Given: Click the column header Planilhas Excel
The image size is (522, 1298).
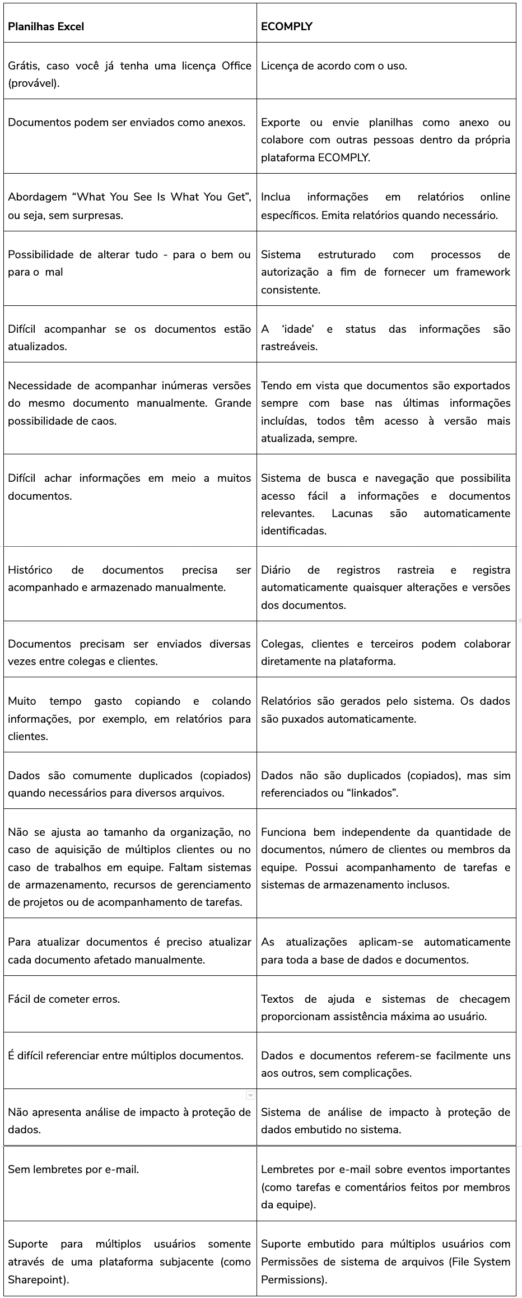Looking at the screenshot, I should (46, 26).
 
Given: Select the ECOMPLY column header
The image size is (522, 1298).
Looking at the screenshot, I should (287, 26).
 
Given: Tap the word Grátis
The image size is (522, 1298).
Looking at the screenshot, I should (23, 66).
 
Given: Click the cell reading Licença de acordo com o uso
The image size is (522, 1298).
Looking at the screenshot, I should (334, 66).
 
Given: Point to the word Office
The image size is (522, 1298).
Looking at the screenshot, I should (236, 66).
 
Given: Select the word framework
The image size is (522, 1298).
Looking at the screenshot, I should (483, 272).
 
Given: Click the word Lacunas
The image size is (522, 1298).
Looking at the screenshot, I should (352, 513).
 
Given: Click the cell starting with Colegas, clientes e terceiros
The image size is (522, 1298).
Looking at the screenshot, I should (385, 652).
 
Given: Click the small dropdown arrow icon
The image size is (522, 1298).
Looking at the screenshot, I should (250, 1095).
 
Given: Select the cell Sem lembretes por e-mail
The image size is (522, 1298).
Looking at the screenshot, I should (73, 1169).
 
